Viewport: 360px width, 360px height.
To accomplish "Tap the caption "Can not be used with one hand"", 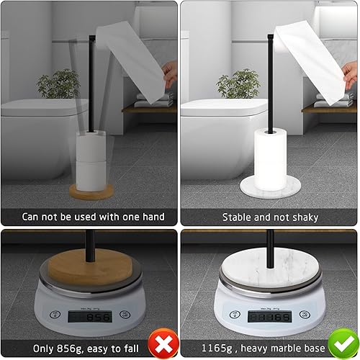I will (93, 217).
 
